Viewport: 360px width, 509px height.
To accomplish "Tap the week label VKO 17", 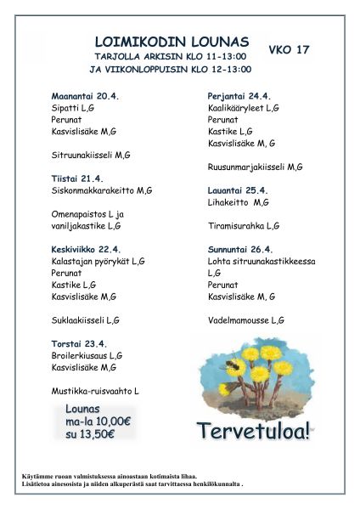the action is [289, 50].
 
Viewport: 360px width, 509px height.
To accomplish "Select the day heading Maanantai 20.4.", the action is [85, 97].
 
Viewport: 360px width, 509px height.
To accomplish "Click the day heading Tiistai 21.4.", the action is [77, 178].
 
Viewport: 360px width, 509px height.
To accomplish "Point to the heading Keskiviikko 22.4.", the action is [86, 249].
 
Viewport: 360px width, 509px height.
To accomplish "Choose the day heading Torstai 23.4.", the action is [79, 343].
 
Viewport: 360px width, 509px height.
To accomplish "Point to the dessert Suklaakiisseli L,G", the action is [86, 320].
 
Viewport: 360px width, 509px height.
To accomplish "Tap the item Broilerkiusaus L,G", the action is [87, 355].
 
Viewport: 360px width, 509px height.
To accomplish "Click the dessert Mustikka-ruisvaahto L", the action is [95, 390].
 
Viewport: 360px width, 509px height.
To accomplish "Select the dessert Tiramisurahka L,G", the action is [244, 226].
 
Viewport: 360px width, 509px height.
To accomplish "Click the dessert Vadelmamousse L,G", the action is [246, 320].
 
